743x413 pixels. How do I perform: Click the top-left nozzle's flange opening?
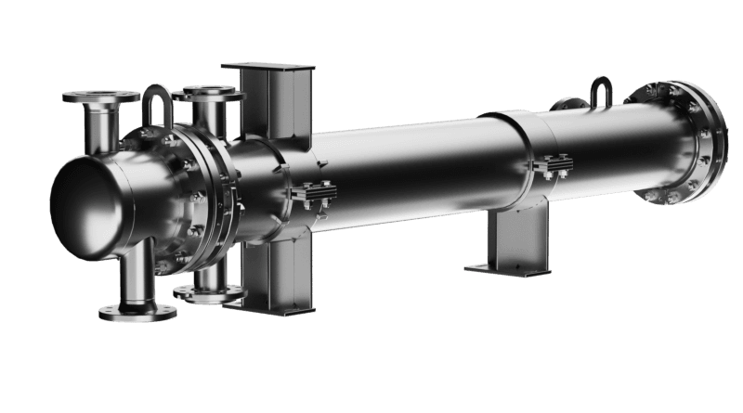pyautogui.click(x=101, y=97)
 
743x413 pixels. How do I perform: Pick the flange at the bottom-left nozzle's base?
pyautogui.click(x=137, y=310)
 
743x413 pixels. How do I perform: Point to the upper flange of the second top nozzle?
pyautogui.click(x=208, y=93)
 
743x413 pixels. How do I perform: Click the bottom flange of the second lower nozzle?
pyautogui.click(x=209, y=293)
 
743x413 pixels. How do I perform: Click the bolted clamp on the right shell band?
pyautogui.click(x=553, y=166)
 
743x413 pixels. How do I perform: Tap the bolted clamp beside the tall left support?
pyautogui.click(x=314, y=193)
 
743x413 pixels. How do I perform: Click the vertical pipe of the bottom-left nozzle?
pyautogui.click(x=137, y=274)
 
